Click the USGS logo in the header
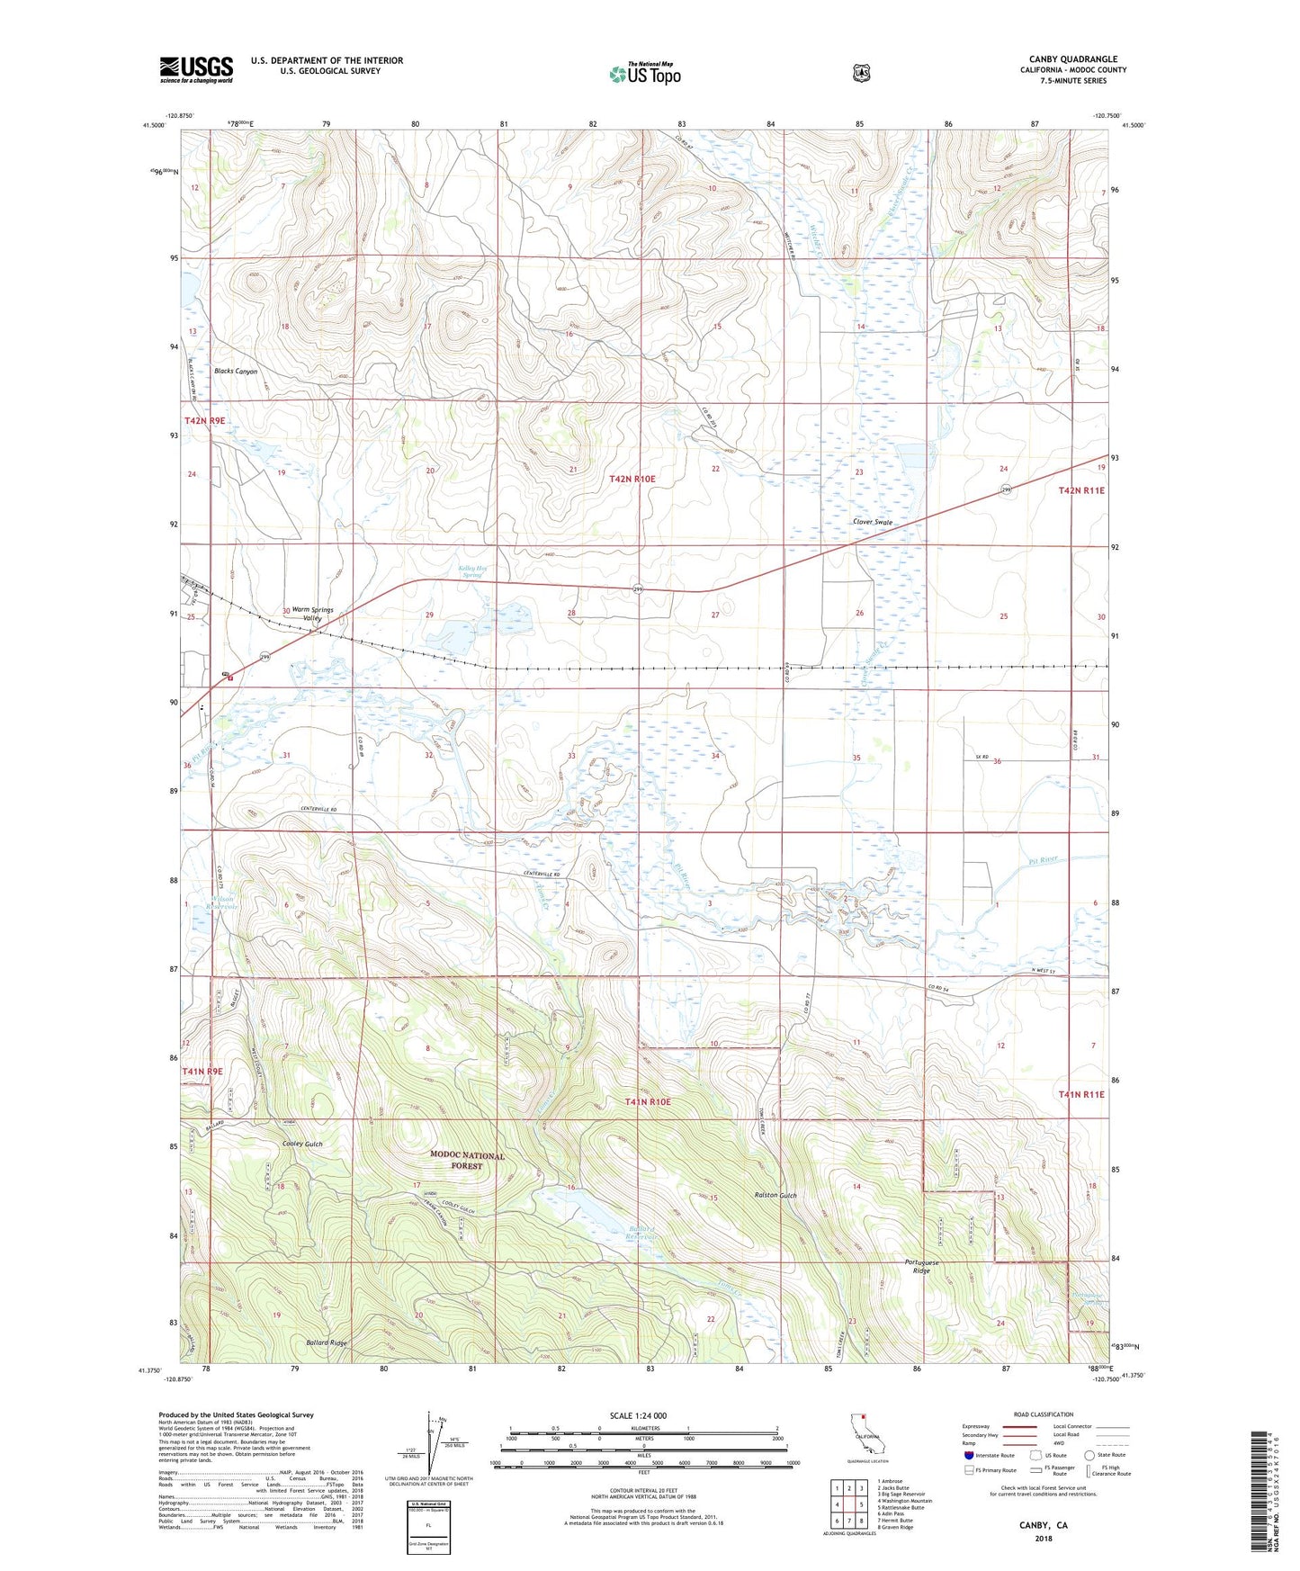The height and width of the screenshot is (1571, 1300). [196, 69]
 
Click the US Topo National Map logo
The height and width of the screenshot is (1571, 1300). [644, 73]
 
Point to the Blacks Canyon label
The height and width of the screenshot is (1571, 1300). [236, 372]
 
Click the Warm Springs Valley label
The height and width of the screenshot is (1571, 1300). [312, 614]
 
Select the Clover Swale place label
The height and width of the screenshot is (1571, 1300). [873, 522]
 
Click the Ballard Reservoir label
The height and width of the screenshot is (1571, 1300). [641, 1233]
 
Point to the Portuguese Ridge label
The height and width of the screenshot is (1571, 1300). [922, 1267]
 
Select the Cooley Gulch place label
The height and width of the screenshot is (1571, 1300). [301, 1144]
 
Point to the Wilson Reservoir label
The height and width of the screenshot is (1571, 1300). [223, 902]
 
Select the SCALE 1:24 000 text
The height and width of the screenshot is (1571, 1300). [638, 1415]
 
